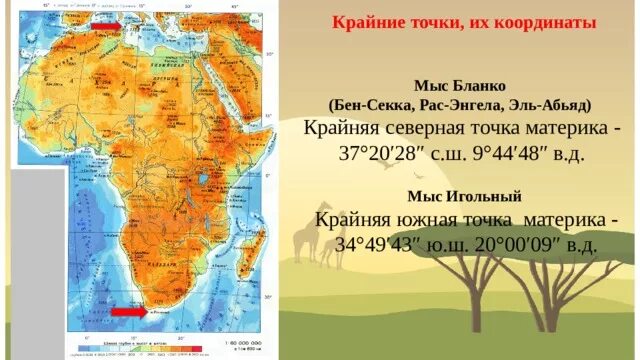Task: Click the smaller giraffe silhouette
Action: click(329, 250)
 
